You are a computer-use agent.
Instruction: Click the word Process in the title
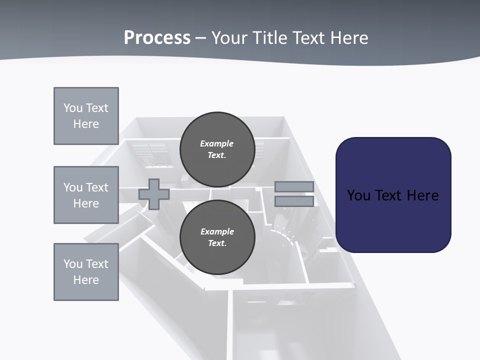tap(157, 37)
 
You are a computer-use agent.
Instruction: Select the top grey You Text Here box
tap(86, 116)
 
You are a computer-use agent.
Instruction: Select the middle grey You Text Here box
tap(86, 195)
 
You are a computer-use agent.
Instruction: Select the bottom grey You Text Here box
tap(86, 272)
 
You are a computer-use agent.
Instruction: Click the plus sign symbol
tap(154, 194)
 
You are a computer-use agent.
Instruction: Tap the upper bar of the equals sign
tap(294, 186)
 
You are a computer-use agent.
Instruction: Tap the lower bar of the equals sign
tap(294, 201)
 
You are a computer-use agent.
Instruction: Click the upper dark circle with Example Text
tap(217, 149)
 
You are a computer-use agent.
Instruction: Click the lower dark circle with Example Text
tap(217, 237)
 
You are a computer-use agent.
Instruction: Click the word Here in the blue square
tap(422, 195)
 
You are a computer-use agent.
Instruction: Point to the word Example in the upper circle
tap(217, 143)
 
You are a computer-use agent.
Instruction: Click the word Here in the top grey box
tap(86, 124)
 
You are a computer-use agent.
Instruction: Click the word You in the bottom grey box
tap(72, 263)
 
